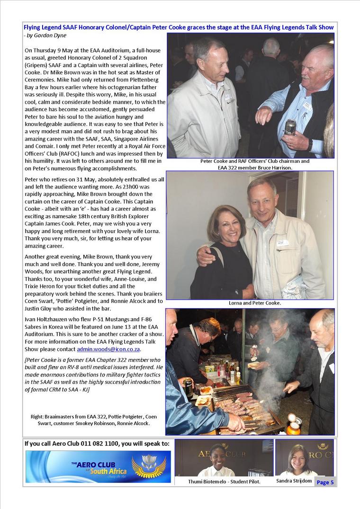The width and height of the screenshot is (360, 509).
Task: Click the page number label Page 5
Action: coord(325,482)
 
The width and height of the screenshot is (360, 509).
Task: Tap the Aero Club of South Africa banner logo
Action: coord(98,466)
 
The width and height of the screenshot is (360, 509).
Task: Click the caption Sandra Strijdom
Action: coord(294,481)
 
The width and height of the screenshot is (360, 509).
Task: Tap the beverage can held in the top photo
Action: coord(290,127)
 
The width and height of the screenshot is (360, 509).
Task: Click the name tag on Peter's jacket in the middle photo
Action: coord(283,242)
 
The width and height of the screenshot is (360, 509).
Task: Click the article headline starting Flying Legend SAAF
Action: coord(179,28)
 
